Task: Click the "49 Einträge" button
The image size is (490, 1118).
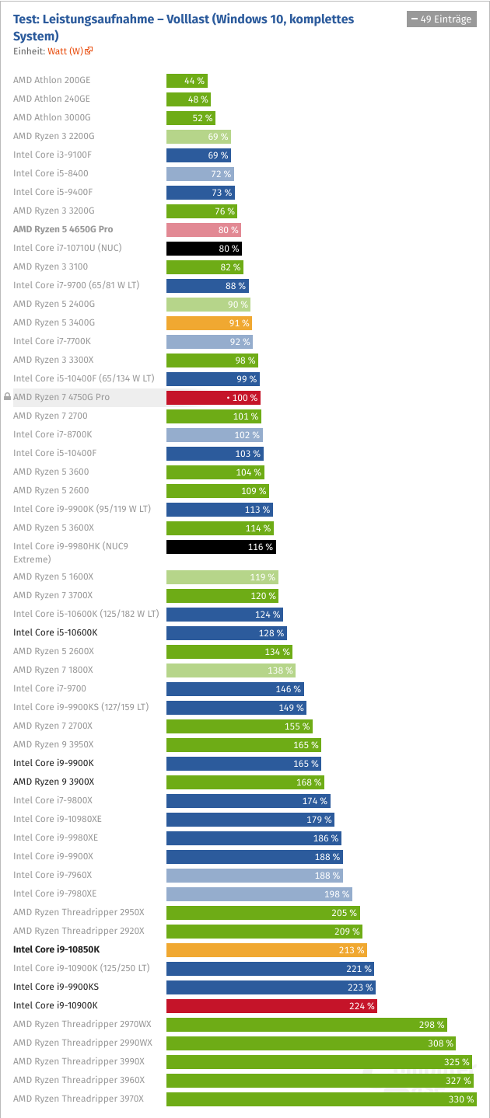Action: pyautogui.click(x=441, y=19)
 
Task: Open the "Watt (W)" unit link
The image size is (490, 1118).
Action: pyautogui.click(x=65, y=51)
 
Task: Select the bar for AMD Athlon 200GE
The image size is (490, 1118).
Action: pyautogui.click(x=187, y=81)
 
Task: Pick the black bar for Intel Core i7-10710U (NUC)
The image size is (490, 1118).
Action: pyautogui.click(x=204, y=249)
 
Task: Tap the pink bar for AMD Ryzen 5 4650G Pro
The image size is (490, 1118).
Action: pyautogui.click(x=204, y=230)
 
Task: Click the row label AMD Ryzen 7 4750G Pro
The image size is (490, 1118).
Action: pyautogui.click(x=61, y=398)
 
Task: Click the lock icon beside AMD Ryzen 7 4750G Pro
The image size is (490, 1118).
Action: pyautogui.click(x=7, y=398)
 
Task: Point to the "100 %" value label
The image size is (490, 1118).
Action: pyautogui.click(x=245, y=398)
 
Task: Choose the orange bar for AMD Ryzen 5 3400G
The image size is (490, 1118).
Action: pyautogui.click(x=208, y=323)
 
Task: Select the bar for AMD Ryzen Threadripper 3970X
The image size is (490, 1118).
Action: pyautogui.click(x=321, y=1099)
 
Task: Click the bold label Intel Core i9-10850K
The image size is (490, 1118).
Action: pyautogui.click(x=57, y=949)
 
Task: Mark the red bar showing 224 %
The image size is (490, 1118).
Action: pyautogui.click(x=271, y=1006)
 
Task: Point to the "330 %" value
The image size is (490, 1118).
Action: pyautogui.click(x=460, y=1099)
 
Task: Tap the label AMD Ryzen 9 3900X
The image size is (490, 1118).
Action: pyautogui.click(x=54, y=782)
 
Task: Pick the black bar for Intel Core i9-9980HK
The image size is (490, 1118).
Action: pyautogui.click(x=221, y=547)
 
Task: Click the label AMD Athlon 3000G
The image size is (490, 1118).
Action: pyautogui.click(x=52, y=118)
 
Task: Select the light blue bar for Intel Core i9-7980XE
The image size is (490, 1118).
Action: pyautogui.click(x=259, y=894)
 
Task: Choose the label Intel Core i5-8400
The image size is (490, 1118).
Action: pyautogui.click(x=51, y=174)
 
